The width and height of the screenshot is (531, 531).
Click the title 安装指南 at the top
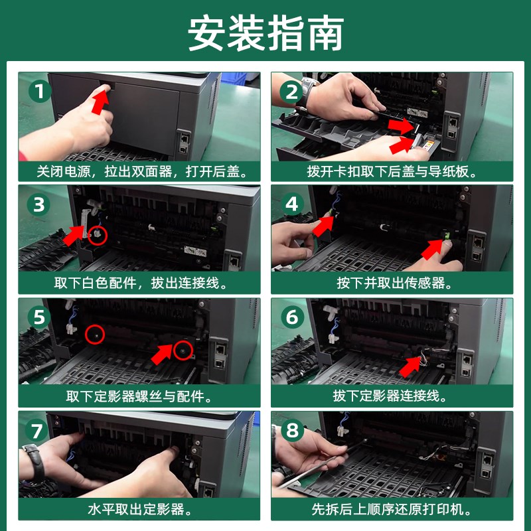click(265, 33)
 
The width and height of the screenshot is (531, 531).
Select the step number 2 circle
click(292, 92)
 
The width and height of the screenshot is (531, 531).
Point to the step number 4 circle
click(292, 204)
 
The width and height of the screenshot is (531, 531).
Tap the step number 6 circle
click(292, 317)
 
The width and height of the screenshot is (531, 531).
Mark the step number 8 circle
click(292, 430)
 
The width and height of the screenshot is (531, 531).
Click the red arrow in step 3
click(74, 234)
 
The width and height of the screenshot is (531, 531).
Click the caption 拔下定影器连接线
click(390, 396)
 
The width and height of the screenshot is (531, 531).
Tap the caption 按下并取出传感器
click(390, 283)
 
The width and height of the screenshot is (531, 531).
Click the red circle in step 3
click(98, 234)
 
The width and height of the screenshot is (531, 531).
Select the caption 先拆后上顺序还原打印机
click(390, 510)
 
